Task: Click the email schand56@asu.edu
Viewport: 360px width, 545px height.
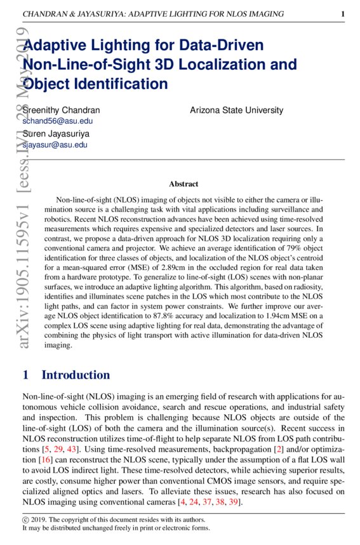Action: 58,121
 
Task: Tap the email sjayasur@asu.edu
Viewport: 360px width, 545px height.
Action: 55,145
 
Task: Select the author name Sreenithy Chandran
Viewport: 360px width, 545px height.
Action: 61,110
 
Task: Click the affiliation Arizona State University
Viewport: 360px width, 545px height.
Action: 236,110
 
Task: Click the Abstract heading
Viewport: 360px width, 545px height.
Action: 183,184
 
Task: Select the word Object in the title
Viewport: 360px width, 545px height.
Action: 47,84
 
